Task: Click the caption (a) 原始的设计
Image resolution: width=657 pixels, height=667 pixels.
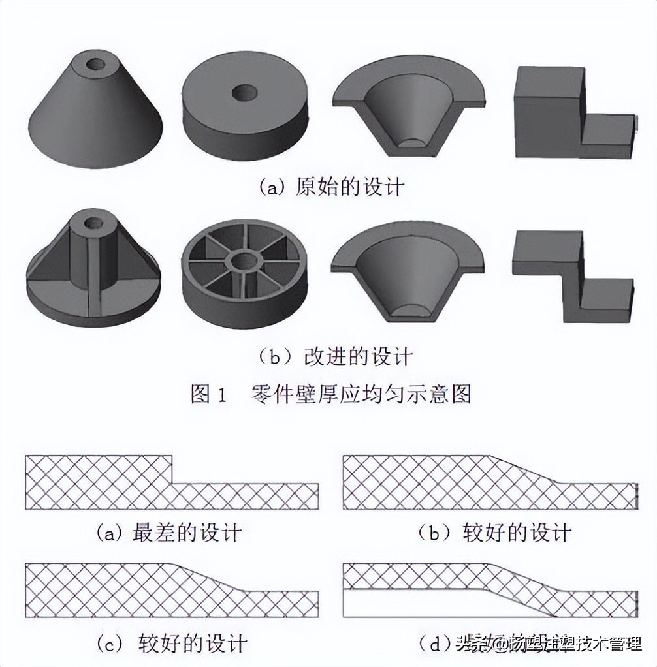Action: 332,187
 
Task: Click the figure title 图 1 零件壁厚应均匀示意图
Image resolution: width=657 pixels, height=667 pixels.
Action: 330,394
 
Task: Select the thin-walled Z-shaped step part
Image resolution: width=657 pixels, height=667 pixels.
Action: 572,278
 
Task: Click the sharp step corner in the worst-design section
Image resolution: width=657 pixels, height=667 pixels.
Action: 172,483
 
